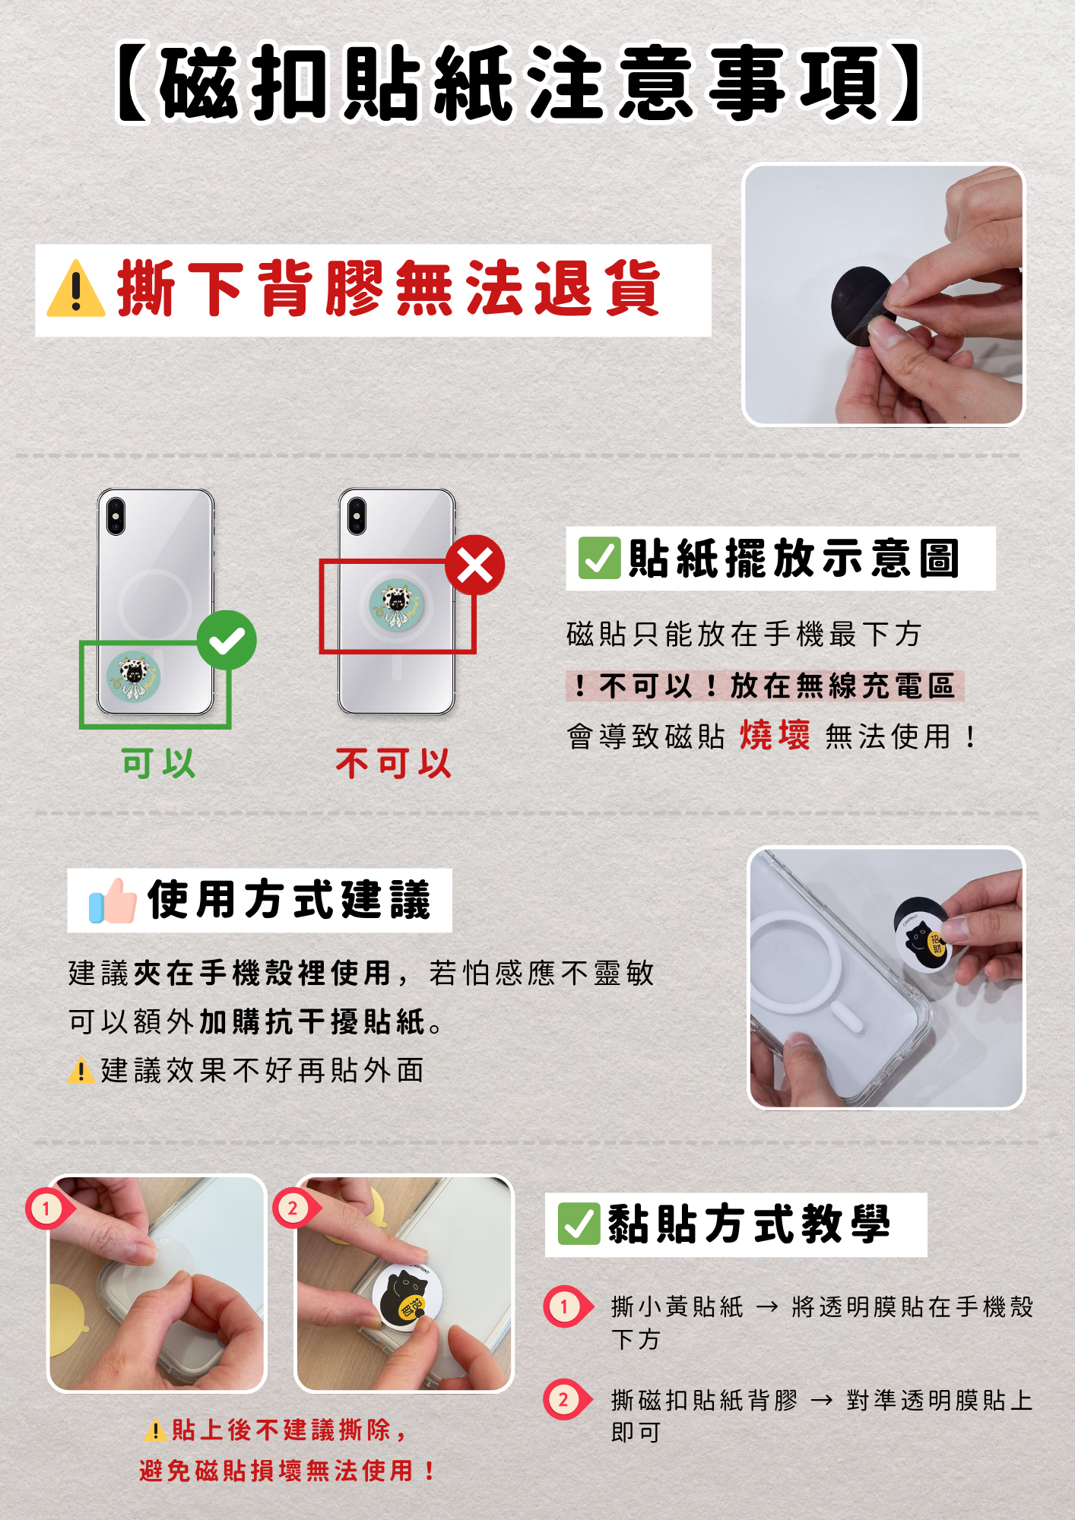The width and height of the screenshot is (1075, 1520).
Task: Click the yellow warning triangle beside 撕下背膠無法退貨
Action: (76, 290)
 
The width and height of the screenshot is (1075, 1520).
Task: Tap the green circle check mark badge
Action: (227, 640)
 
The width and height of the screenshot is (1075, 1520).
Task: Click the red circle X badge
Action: (475, 565)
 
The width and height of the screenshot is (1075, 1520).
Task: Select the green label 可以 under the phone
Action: (159, 763)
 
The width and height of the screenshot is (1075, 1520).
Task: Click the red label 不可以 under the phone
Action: (394, 763)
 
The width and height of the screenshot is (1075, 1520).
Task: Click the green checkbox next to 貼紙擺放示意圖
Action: (599, 558)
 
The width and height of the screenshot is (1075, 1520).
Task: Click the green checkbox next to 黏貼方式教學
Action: (579, 1224)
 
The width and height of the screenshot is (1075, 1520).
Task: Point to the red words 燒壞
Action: (775, 735)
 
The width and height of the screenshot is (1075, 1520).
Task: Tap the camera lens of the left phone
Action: (116, 516)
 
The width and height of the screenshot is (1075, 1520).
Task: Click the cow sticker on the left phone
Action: (134, 676)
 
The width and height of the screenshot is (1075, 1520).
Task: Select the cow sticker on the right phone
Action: (396, 605)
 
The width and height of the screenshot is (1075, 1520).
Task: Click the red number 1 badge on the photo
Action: (47, 1208)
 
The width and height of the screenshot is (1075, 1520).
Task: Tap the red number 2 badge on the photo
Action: (293, 1208)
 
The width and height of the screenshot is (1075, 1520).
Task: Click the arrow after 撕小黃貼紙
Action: (767, 1307)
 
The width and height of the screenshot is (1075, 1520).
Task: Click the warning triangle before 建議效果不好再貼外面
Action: (81, 1071)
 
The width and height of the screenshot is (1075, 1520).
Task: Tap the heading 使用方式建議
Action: (289, 901)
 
